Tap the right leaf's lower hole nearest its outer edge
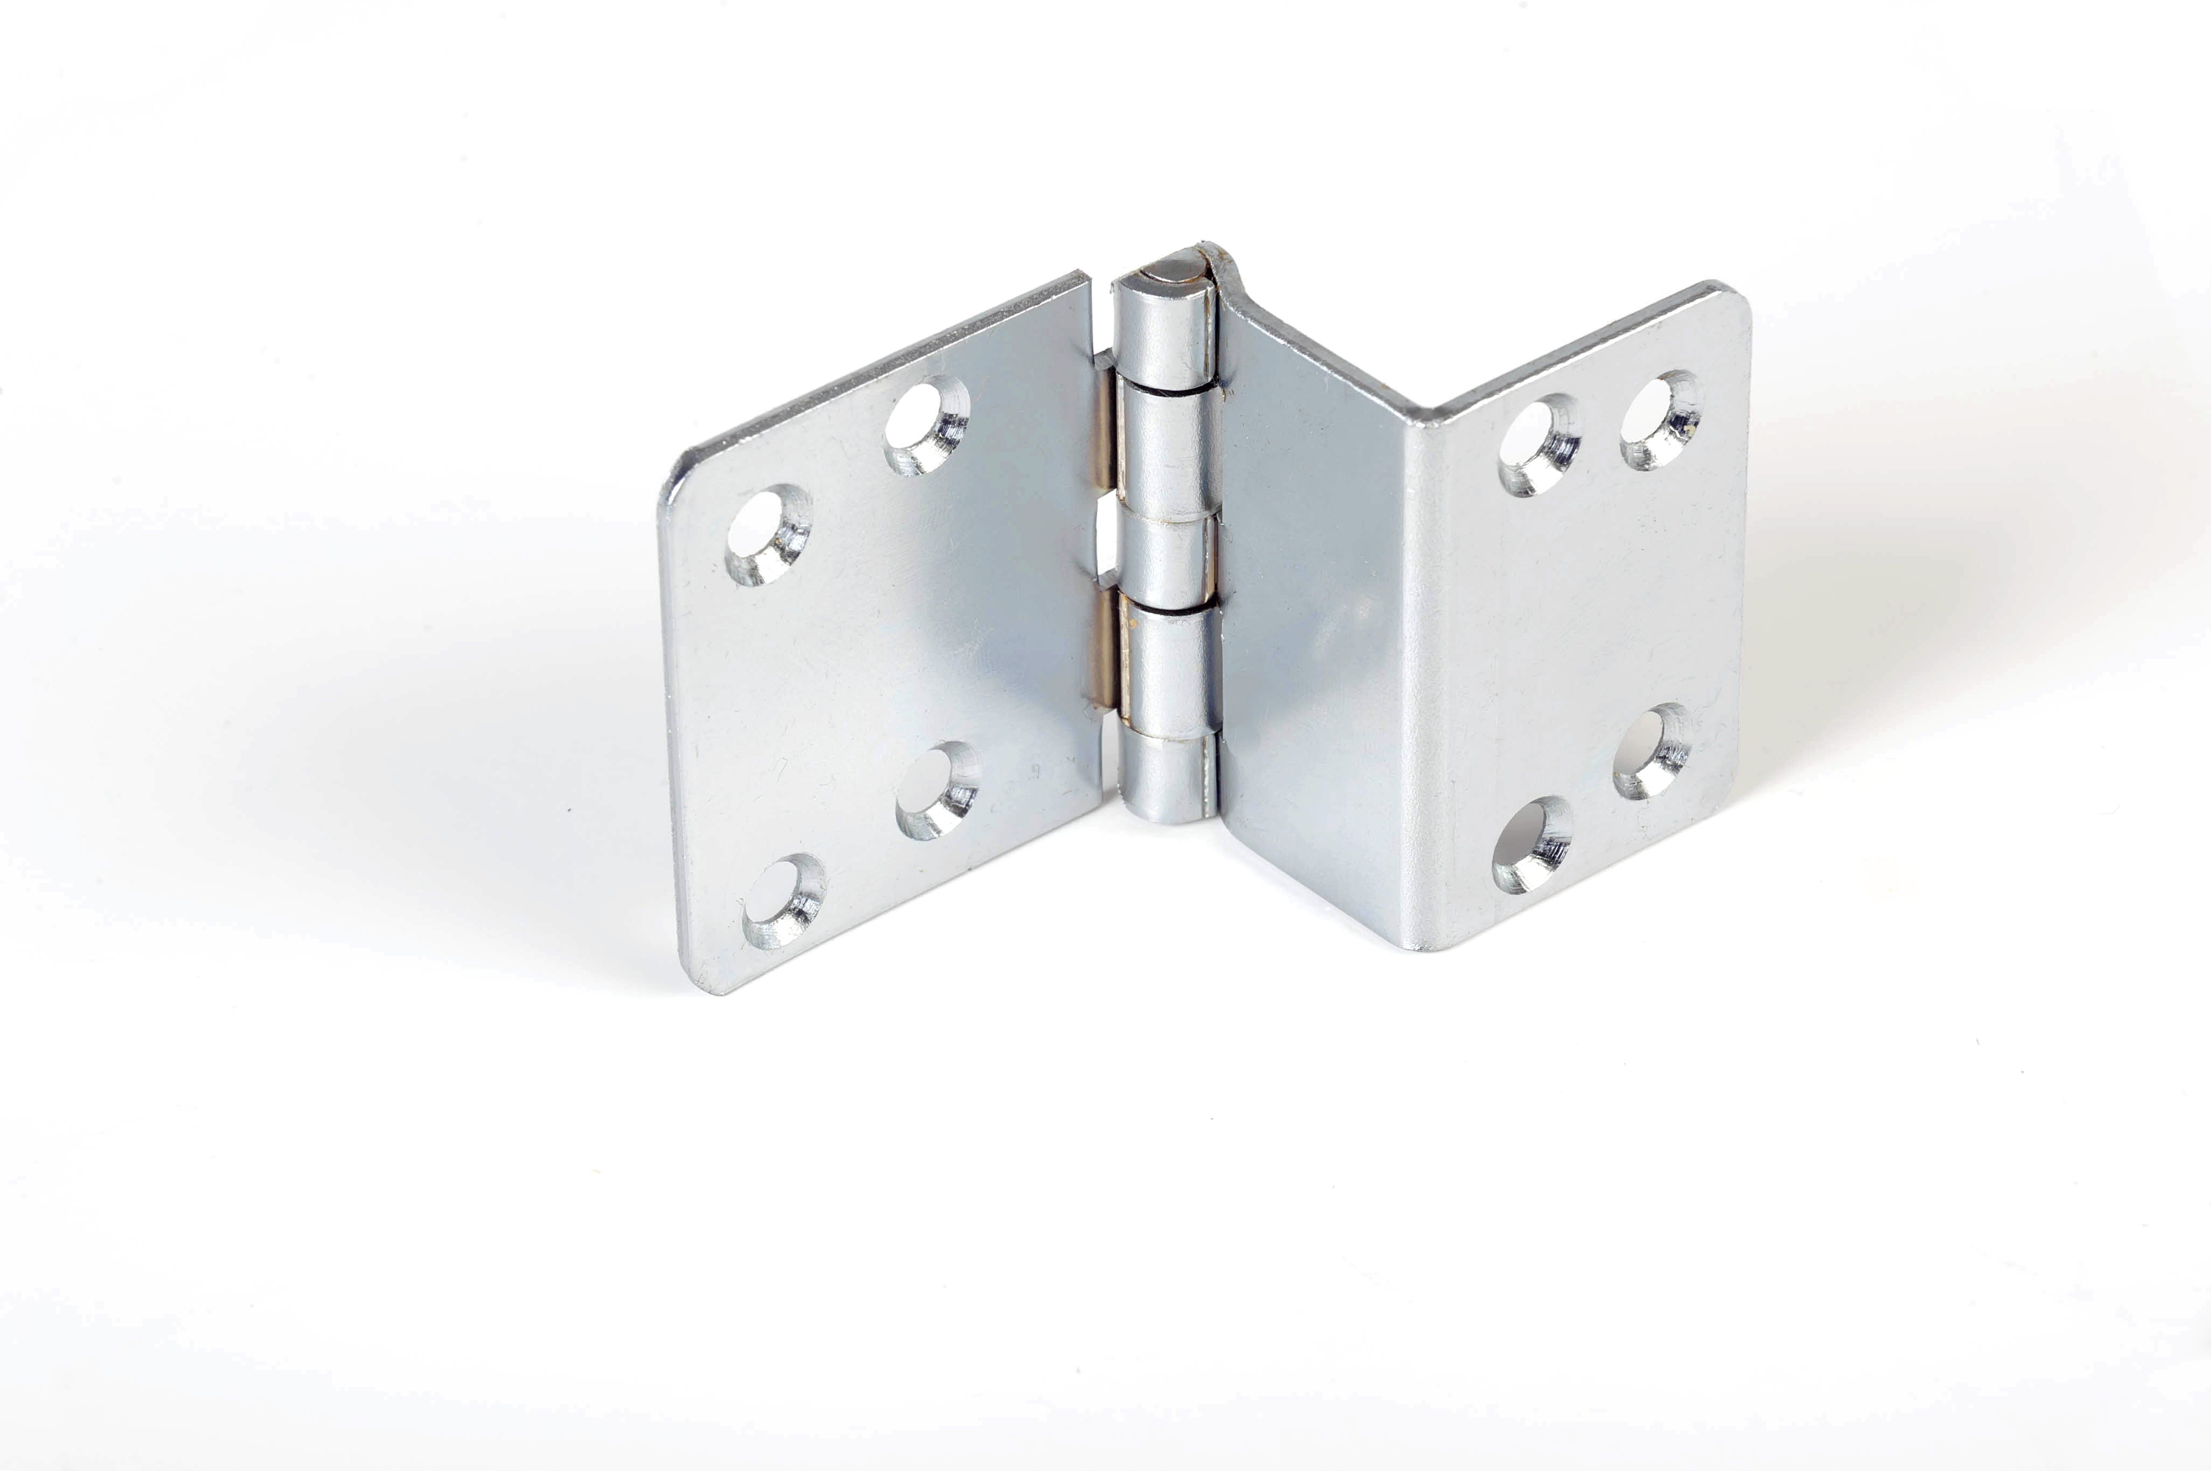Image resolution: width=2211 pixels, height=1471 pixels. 1653,751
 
